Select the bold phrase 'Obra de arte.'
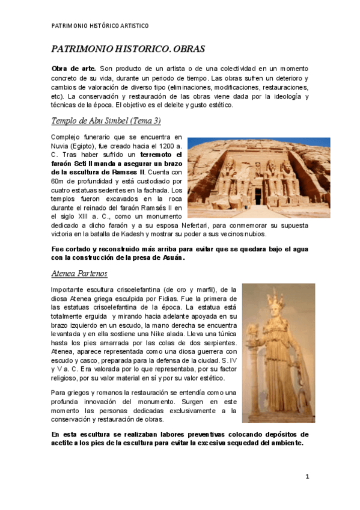(x=70, y=69)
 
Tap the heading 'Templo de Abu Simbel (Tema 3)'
(x=106, y=121)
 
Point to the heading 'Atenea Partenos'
(x=79, y=274)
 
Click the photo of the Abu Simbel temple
(x=258, y=177)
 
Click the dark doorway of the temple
(x=258, y=195)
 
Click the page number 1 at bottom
(x=307, y=477)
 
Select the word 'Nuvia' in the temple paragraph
(x=61, y=146)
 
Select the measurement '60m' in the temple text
(x=58, y=181)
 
